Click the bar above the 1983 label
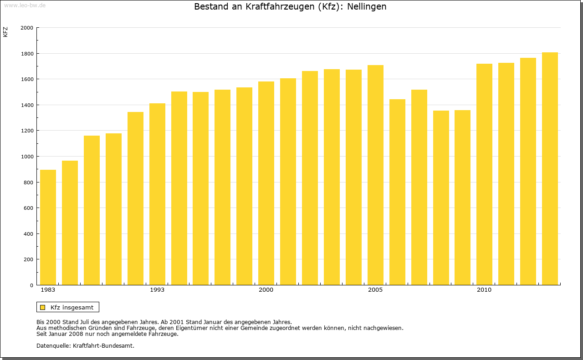click(x=48, y=228)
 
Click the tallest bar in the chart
click(x=550, y=169)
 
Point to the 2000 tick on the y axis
click(x=27, y=28)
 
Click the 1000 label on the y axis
click(x=27, y=157)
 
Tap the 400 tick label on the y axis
click(x=29, y=234)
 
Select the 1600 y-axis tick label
click(x=27, y=79)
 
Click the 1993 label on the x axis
click(x=157, y=290)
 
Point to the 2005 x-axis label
click(x=375, y=290)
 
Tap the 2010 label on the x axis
click(x=484, y=290)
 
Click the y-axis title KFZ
click(x=5, y=32)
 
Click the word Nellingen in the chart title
click(x=367, y=7)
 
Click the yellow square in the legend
click(x=42, y=307)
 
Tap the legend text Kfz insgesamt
click(x=72, y=307)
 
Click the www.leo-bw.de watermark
click(x=25, y=5)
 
